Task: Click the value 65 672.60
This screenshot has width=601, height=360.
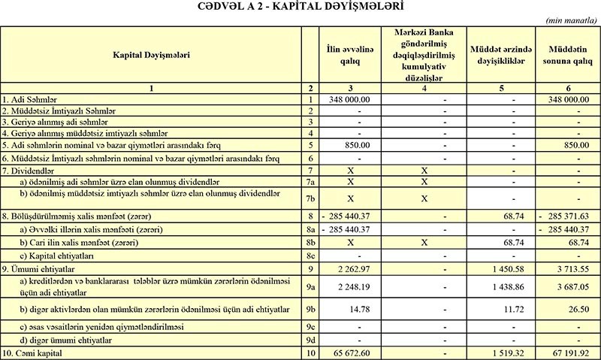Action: (x=349, y=352)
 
